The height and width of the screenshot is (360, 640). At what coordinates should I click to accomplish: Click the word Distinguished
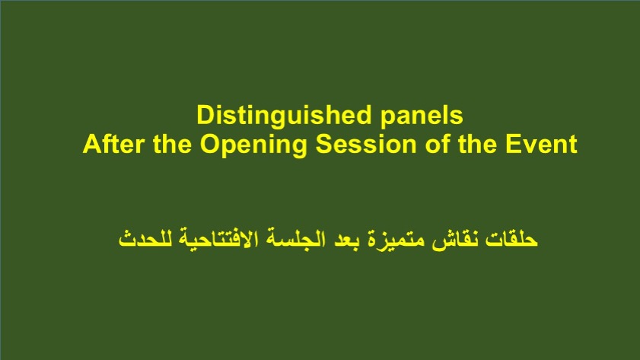[x=284, y=116]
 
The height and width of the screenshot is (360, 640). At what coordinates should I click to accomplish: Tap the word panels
[x=422, y=116]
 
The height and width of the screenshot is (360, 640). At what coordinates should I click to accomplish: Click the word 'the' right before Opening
[x=172, y=144]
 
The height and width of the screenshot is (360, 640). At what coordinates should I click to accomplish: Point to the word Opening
[x=253, y=145]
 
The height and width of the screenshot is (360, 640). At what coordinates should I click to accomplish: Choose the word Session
[x=366, y=144]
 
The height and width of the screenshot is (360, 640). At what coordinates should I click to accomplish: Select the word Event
[x=541, y=144]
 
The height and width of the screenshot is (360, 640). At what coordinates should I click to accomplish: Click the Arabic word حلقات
[x=511, y=238]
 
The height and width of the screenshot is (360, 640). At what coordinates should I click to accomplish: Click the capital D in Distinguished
[x=205, y=115]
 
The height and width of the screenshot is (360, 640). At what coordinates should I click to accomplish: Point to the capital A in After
[x=92, y=144]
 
